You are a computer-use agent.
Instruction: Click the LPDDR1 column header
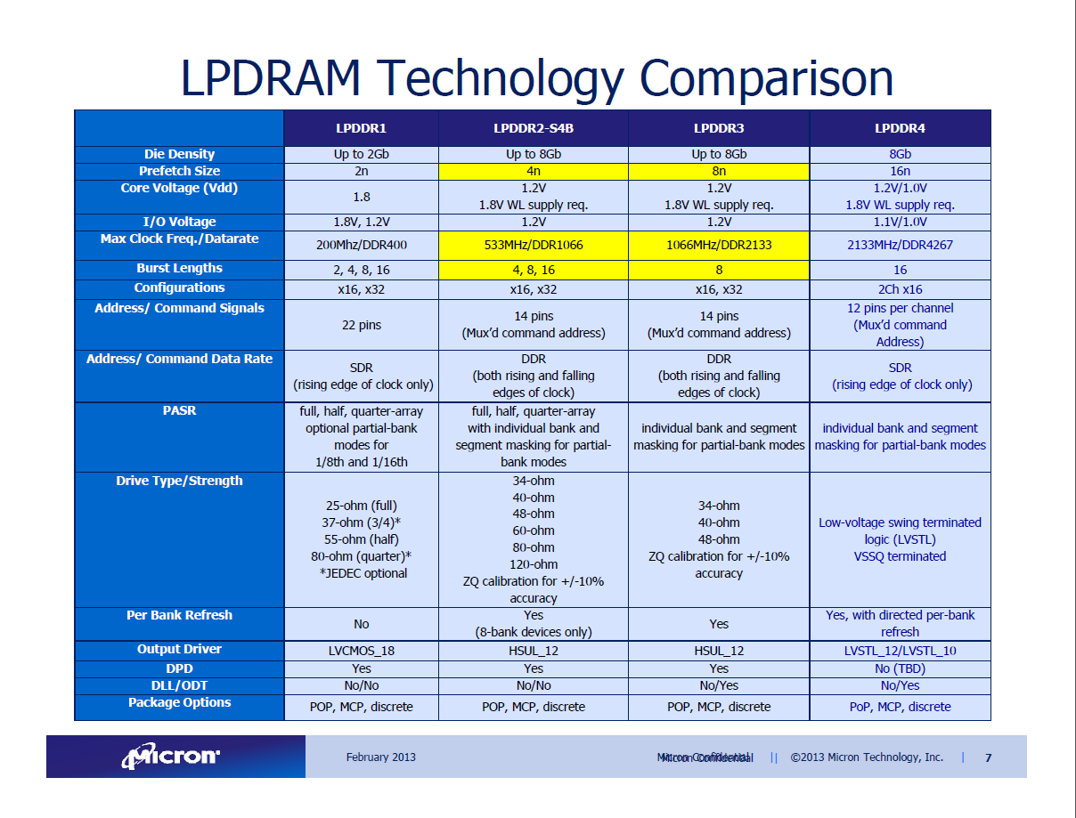click(361, 128)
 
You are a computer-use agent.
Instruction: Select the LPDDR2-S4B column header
click(533, 128)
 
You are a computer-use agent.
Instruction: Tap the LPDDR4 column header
click(900, 128)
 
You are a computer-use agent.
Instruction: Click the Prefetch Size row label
click(179, 171)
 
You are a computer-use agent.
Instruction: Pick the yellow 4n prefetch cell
click(533, 171)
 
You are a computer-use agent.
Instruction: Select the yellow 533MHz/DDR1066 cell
click(533, 245)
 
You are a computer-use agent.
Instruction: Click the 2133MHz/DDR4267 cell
click(900, 245)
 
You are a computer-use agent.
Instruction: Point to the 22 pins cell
click(361, 325)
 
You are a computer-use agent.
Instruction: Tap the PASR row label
click(179, 411)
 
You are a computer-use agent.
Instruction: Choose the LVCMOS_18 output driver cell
click(361, 651)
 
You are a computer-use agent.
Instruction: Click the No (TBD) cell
click(900, 668)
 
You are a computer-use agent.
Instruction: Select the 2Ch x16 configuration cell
click(900, 289)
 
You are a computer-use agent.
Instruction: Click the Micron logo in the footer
click(172, 757)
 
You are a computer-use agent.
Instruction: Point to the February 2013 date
click(380, 757)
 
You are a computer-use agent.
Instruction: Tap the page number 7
click(988, 758)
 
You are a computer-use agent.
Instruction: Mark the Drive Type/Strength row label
click(179, 481)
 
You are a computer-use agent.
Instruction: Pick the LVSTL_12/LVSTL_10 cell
click(900, 651)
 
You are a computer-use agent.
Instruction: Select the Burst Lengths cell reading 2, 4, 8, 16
click(361, 270)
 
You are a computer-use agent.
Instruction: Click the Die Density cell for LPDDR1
click(361, 154)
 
